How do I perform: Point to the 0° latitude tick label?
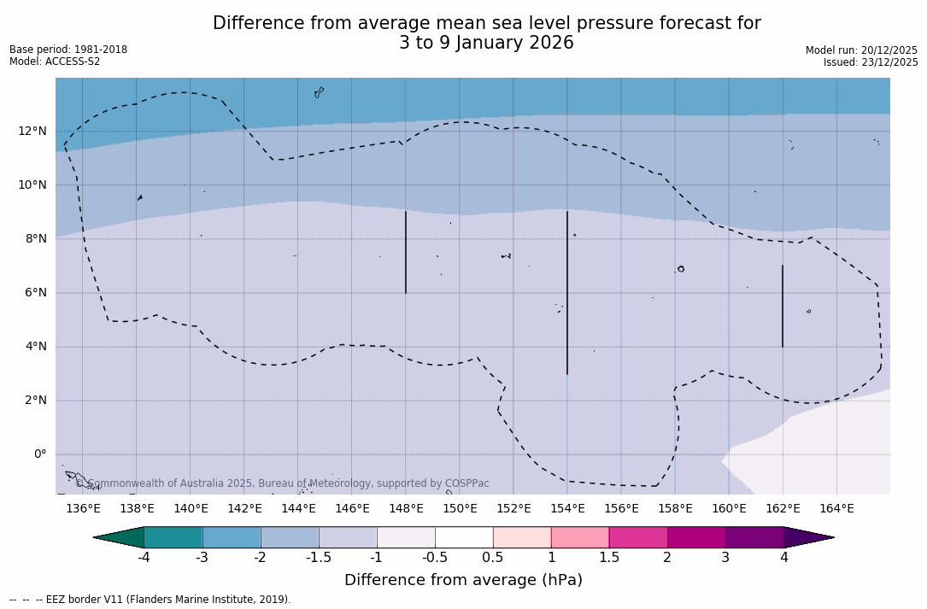pos(40,454)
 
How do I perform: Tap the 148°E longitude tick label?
pos(406,509)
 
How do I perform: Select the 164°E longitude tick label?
pos(836,509)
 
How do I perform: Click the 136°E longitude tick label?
pos(83,509)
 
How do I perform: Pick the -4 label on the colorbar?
pos(144,558)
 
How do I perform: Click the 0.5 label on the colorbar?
pos(493,558)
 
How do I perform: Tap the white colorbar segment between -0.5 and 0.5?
pos(464,537)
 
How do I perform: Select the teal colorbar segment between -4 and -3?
pos(173,537)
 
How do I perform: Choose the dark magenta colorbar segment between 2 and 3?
pos(696,537)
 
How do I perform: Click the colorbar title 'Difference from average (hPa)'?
pos(463,581)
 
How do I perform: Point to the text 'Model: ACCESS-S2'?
pos(55,61)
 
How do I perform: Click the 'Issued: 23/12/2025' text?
pos(871,62)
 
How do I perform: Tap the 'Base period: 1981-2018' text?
pos(68,50)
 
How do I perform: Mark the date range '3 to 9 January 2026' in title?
pos(486,44)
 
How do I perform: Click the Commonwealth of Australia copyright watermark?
pos(282,483)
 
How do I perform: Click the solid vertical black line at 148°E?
pos(406,252)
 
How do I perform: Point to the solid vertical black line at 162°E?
pos(782,306)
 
